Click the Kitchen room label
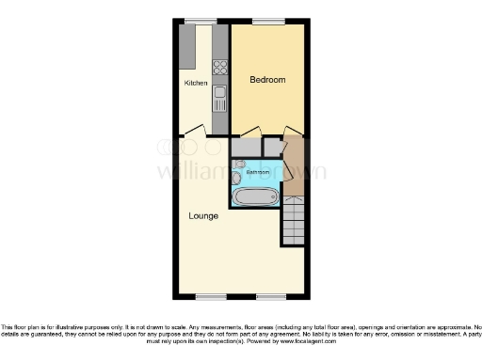pos(196,84)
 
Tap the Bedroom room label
pos(267,80)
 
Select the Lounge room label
pos(203,215)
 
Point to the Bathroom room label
pos(259,173)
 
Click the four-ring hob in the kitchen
pos(220,67)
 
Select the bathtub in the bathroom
pos(255,196)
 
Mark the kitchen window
pos(200,21)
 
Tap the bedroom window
pos(268,21)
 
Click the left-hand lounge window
pos(210,296)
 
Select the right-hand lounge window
pos(270,296)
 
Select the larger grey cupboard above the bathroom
pos(246,147)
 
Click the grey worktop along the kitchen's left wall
pos(187,46)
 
